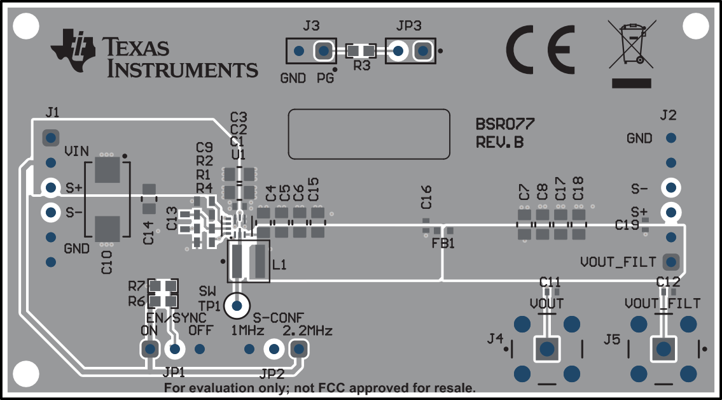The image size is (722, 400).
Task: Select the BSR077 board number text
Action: (505, 124)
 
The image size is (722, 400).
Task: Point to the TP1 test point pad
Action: (237, 306)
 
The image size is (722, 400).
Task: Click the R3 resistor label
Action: (361, 66)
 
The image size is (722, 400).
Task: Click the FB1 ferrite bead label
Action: (443, 243)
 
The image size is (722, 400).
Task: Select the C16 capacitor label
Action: (426, 197)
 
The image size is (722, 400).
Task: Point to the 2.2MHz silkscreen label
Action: (307, 331)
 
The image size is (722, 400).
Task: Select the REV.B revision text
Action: (499, 143)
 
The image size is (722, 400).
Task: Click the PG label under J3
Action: (324, 80)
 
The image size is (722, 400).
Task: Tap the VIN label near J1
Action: (76, 152)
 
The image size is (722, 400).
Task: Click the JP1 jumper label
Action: (173, 371)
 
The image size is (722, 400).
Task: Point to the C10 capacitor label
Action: (106, 262)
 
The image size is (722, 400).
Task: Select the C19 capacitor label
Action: (627, 224)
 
